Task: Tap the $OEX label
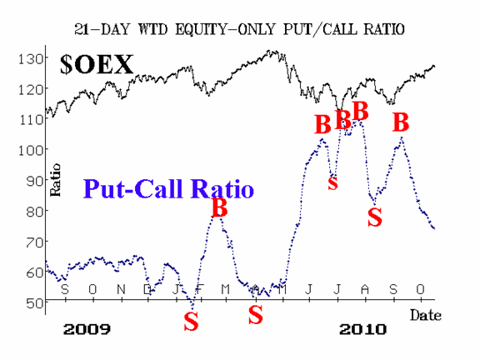tap(97, 64)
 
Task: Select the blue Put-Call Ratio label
tap(168, 188)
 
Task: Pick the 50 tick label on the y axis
tap(33, 303)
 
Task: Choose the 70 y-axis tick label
tap(33, 242)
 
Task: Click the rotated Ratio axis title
tap(55, 180)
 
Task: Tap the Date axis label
tap(426, 315)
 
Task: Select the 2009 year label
tap(87, 329)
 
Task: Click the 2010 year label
tap(362, 329)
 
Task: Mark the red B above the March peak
tap(219, 207)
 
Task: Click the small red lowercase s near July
tap(332, 183)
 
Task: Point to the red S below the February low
tap(191, 321)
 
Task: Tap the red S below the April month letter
tap(255, 315)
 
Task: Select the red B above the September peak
tap(401, 122)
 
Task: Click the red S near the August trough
tap(375, 217)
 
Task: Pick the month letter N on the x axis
tap(121, 289)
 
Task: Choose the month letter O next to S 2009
tap(92, 289)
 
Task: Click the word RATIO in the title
tap(384, 30)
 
